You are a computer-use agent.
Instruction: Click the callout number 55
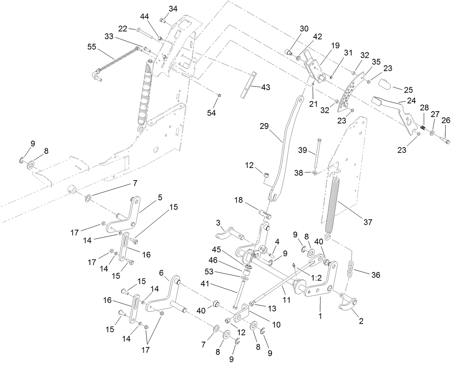[92, 47]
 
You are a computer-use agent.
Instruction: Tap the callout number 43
[266, 87]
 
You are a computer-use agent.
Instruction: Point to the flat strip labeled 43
[248, 85]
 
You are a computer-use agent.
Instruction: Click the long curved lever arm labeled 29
[286, 148]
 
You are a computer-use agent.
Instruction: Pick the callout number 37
[368, 222]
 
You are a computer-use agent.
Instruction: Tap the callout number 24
[412, 100]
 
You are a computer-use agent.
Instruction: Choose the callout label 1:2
[316, 278]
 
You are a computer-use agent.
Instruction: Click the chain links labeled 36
[350, 269]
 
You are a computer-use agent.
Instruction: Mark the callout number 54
[211, 113]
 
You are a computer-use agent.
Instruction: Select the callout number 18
[238, 200]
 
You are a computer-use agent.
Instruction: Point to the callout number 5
[160, 197]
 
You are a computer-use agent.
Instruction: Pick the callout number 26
[446, 120]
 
